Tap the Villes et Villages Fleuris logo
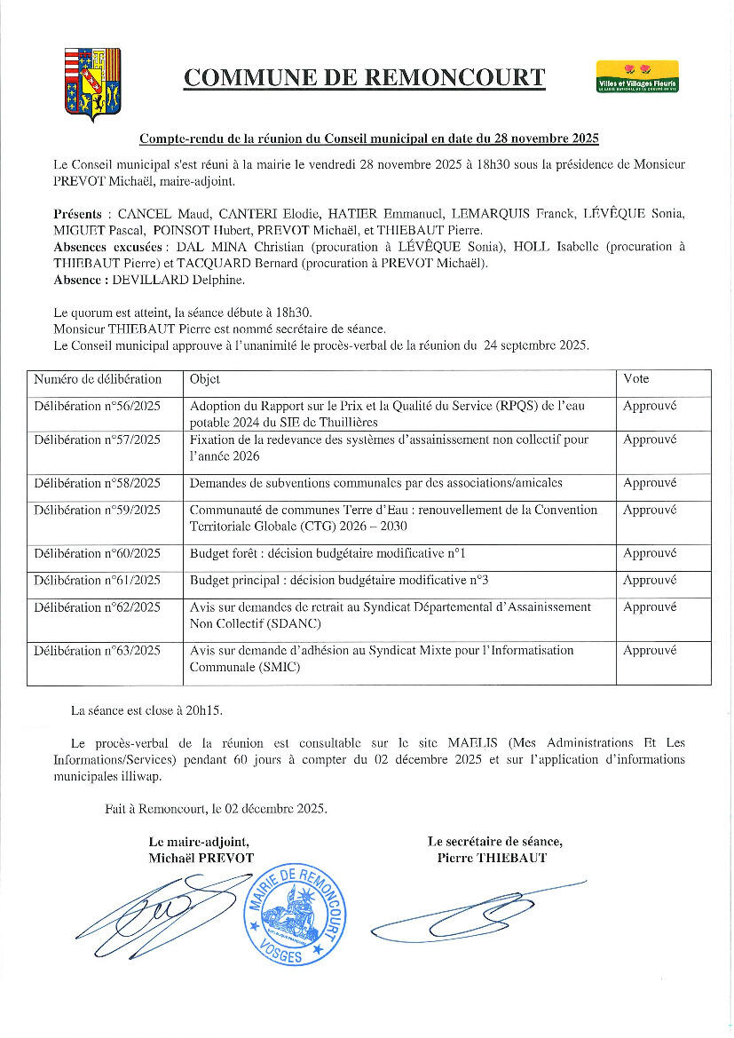[638, 76]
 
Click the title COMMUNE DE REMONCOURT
[364, 78]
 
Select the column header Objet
[205, 379]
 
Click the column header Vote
[635, 379]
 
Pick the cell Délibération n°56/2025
[98, 405]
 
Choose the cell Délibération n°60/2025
[98, 553]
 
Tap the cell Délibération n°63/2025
[98, 651]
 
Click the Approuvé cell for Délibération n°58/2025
[650, 483]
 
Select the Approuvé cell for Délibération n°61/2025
[650, 580]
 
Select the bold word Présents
[77, 214]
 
